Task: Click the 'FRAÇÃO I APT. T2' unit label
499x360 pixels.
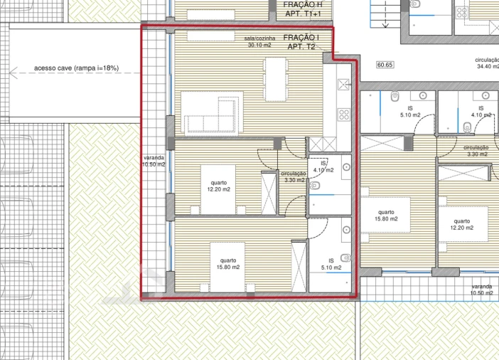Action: coord(301,42)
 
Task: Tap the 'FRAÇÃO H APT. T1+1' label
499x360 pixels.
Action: coord(301,9)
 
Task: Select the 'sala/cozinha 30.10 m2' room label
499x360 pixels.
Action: coord(259,42)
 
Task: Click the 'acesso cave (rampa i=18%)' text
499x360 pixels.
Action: coord(77,69)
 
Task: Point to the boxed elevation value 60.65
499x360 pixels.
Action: coord(385,65)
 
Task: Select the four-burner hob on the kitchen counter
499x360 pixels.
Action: coord(343,114)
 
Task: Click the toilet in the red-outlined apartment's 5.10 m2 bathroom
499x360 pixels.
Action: coord(346,258)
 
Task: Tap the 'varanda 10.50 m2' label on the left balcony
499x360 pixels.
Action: coord(154,161)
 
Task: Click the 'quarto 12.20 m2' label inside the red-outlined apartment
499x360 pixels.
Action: coord(218,186)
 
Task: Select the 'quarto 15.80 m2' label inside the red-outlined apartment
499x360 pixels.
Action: coord(229,264)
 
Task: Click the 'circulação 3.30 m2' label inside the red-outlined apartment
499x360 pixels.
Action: coord(294,176)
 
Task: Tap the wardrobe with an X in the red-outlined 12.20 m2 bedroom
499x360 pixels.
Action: coord(269,192)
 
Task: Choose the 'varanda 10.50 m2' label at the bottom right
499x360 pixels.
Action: coord(481,290)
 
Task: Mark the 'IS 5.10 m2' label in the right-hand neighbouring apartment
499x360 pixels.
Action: coord(410,111)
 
